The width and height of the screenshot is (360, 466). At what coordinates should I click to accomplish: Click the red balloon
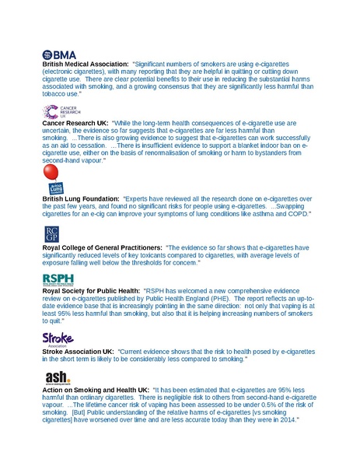click(52, 173)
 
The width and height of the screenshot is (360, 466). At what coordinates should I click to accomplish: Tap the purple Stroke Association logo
click(57, 338)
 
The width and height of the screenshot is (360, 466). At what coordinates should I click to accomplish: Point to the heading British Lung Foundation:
click(81, 198)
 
